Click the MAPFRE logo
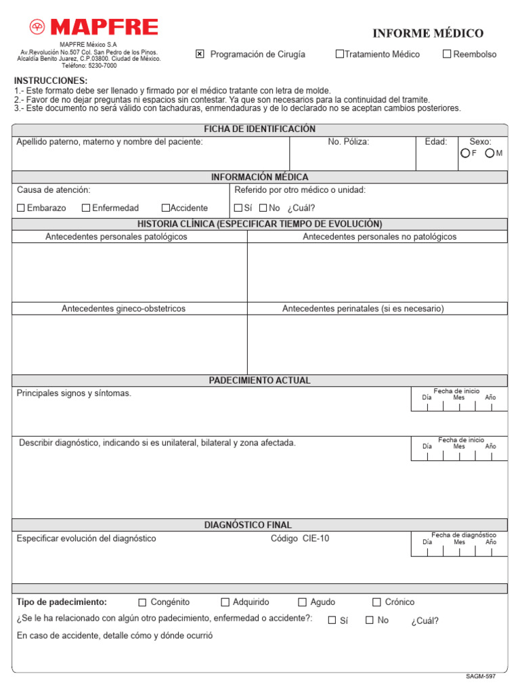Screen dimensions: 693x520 (93, 27)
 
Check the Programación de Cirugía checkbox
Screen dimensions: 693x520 (200, 54)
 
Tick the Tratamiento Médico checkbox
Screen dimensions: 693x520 (340, 54)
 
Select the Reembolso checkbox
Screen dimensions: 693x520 (447, 54)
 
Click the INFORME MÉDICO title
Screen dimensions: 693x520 (428, 33)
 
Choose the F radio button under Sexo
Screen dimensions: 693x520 (464, 154)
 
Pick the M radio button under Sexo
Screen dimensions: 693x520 (489, 154)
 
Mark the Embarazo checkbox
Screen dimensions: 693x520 (21, 208)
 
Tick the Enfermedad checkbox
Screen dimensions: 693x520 (86, 208)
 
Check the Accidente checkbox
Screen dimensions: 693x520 (166, 208)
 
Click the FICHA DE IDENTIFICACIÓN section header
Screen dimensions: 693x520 (260, 129)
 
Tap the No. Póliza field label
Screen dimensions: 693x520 (349, 142)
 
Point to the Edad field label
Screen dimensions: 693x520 (436, 142)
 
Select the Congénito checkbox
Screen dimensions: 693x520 (142, 602)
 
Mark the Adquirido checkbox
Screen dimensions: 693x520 (225, 602)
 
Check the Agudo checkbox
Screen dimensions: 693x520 (303, 602)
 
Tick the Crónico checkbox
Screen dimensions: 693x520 (377, 602)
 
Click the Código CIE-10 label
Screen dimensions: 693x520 (300, 539)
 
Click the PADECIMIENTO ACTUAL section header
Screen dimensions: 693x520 (260, 381)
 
